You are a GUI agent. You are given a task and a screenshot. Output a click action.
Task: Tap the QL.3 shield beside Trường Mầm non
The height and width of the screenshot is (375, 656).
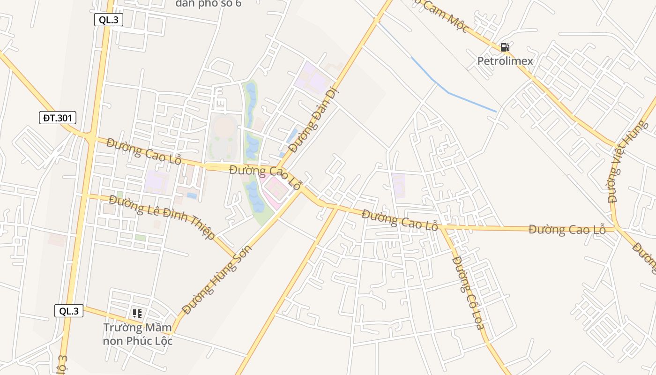pyautogui.click(x=69, y=311)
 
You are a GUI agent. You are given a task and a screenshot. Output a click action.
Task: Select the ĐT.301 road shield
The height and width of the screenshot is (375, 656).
pyautogui.click(x=58, y=118)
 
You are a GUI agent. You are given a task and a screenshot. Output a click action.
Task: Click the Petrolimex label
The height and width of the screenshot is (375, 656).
pyautogui.click(x=505, y=61)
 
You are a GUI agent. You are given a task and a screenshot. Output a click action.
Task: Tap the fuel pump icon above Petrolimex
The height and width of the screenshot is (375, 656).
pyautogui.click(x=505, y=47)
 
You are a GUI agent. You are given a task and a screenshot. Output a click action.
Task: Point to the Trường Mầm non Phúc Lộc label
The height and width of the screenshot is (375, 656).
pyautogui.click(x=138, y=334)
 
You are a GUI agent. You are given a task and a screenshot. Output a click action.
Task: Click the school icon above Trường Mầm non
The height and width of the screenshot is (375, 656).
pyautogui.click(x=137, y=313)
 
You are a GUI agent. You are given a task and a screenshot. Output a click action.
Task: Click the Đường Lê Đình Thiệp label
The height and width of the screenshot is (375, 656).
pyautogui.click(x=162, y=217)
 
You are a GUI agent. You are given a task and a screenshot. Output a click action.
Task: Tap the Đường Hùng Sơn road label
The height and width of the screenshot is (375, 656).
pyautogui.click(x=217, y=279)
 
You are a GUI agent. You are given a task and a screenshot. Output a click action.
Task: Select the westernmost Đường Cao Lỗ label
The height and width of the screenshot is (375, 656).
pyautogui.click(x=144, y=150)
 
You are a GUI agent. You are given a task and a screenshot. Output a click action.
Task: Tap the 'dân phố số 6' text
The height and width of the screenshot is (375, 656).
pyautogui.click(x=209, y=4)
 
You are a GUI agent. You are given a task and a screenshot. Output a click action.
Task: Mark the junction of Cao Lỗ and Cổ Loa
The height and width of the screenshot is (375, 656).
pyautogui.click(x=442, y=228)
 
